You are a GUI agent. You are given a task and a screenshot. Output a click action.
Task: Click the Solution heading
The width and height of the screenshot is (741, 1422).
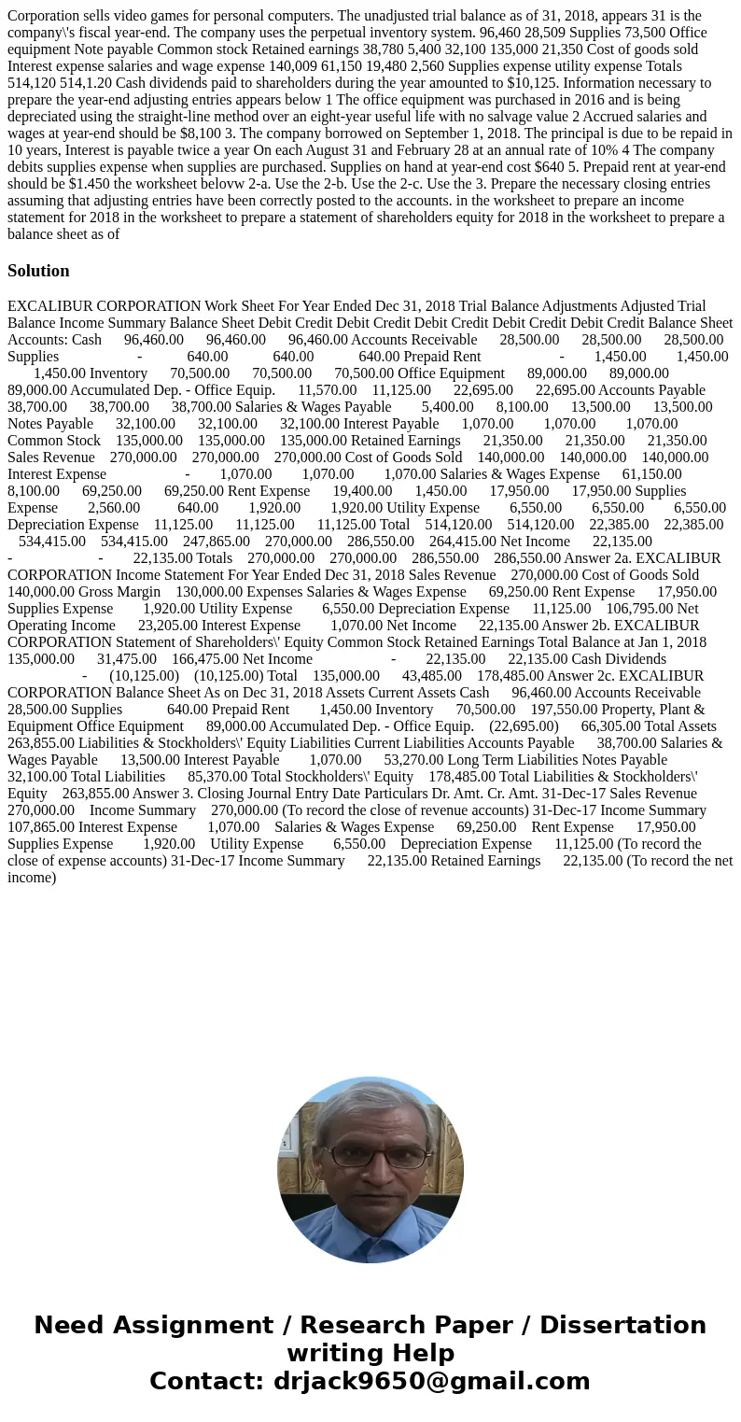click(x=38, y=271)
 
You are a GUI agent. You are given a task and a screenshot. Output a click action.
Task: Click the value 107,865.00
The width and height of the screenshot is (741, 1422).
click(x=40, y=827)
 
